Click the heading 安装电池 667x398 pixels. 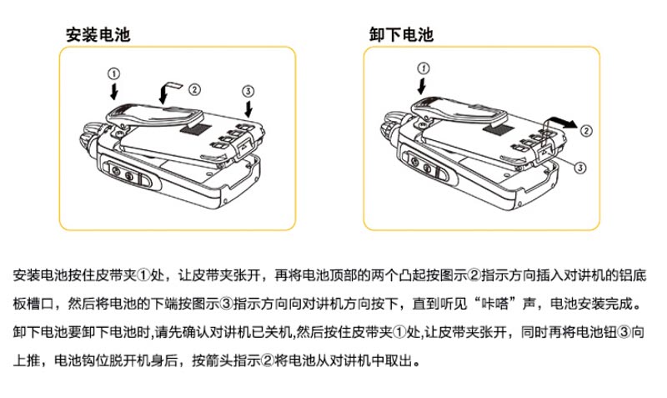[x=98, y=34]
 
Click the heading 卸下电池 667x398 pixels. [x=402, y=34]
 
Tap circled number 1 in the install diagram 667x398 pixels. [x=113, y=74]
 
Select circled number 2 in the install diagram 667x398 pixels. [x=194, y=90]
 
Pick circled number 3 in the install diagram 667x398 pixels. [x=248, y=91]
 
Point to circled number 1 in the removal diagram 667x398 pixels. [x=424, y=68]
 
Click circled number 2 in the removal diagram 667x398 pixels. [x=586, y=131]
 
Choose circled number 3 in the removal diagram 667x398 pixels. [x=580, y=167]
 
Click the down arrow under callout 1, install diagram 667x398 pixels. [x=113, y=92]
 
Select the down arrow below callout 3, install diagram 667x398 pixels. [x=248, y=108]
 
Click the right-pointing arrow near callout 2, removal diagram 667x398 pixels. [x=561, y=123]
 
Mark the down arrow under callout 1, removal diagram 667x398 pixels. [x=422, y=85]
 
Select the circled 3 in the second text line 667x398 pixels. [x=226, y=304]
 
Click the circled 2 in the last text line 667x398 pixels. [x=267, y=361]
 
